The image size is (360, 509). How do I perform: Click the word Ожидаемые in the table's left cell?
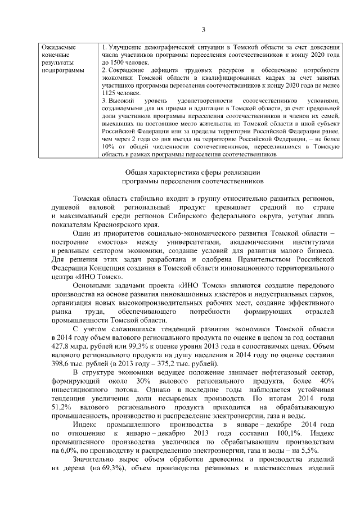click(59, 47)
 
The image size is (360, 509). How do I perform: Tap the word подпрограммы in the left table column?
click(63, 71)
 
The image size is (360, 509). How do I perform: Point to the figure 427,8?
click(60, 348)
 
